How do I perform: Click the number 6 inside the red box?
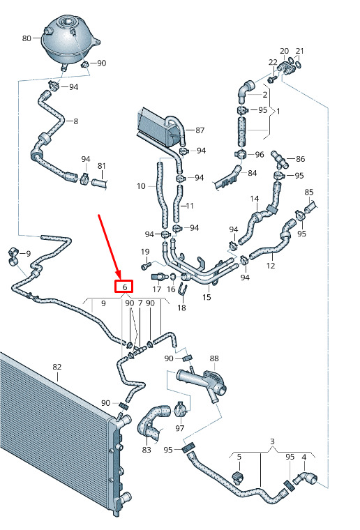click(125, 287)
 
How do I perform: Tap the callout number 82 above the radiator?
click(57, 367)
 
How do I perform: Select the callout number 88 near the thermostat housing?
click(214, 358)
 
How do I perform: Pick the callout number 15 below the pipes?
click(207, 297)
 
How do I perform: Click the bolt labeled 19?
click(144, 266)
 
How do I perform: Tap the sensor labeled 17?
click(159, 277)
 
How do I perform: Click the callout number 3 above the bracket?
click(272, 441)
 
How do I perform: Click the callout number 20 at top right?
click(284, 51)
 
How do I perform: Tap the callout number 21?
click(299, 51)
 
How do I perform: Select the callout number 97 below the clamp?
click(180, 428)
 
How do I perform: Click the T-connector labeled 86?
click(279, 160)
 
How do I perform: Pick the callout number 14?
click(255, 199)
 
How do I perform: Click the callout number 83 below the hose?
click(147, 450)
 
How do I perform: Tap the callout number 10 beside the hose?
click(141, 186)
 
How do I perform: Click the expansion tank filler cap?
click(67, 22)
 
